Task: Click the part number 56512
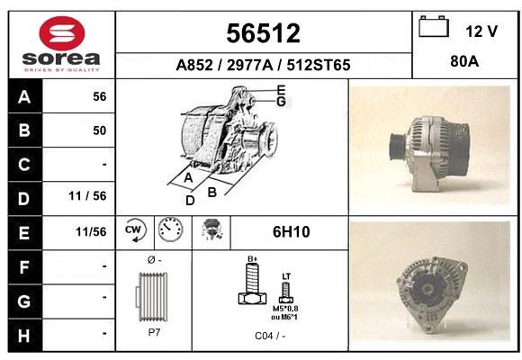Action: point(263,33)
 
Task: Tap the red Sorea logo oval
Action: point(62,33)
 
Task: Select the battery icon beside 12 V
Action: point(434,26)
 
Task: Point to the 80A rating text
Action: point(464,61)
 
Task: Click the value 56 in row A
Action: point(100,96)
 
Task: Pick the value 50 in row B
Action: point(100,130)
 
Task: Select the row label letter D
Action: point(24,199)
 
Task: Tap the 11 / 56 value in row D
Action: point(87,196)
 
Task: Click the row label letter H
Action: point(24,336)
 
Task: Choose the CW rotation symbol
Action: point(135,229)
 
